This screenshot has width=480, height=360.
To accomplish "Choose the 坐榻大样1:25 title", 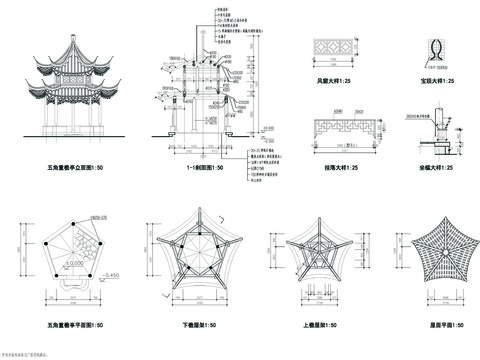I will coord(436,168).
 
